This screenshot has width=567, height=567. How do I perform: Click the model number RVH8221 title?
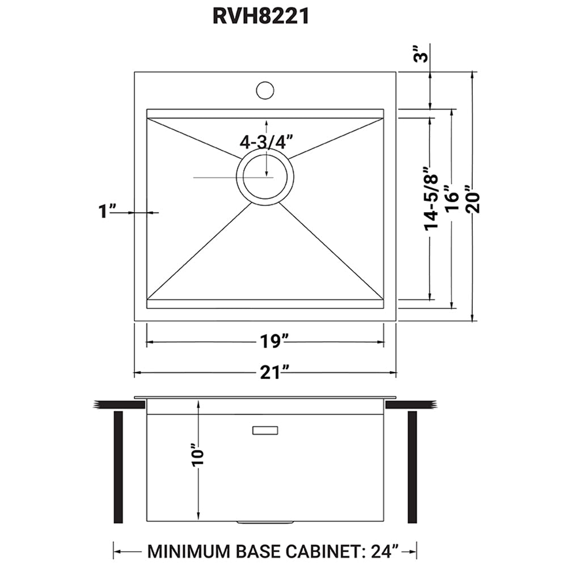261,16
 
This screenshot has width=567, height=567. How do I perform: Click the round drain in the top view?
265,177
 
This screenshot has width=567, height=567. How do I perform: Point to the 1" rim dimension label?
107,212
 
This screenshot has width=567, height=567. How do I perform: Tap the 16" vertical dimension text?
451,198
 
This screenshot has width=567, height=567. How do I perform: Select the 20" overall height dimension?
473,198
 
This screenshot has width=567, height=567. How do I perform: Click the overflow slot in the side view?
265,431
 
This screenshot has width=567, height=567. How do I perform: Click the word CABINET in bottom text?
320,551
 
